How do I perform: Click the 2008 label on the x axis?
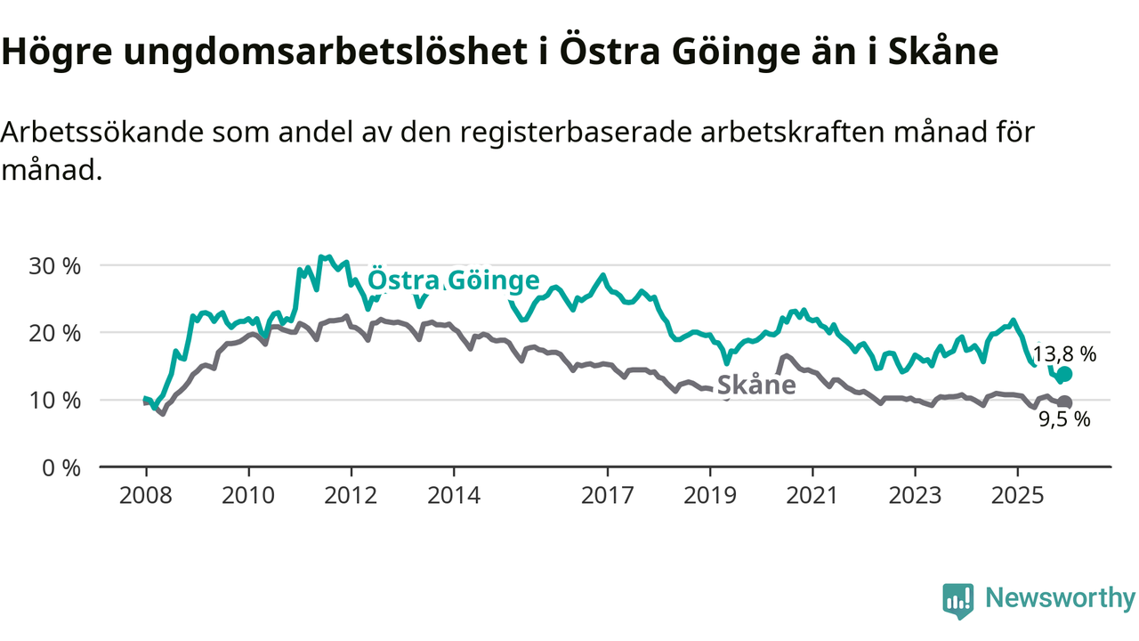click(x=146, y=494)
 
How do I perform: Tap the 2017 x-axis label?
click(x=607, y=494)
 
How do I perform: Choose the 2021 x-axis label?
click(x=812, y=494)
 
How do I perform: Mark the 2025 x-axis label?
click(x=1017, y=494)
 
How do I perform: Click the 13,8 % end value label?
click(x=1064, y=353)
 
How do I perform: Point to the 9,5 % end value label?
click(x=1065, y=420)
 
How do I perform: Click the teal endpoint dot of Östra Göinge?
click(x=1064, y=374)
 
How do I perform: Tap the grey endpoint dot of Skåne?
click(x=1064, y=402)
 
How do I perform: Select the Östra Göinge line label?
click(x=454, y=280)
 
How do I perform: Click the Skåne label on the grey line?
click(x=756, y=385)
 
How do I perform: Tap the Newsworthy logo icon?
click(x=957, y=601)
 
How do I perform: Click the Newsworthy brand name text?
click(x=1060, y=598)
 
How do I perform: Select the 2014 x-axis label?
click(x=453, y=494)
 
